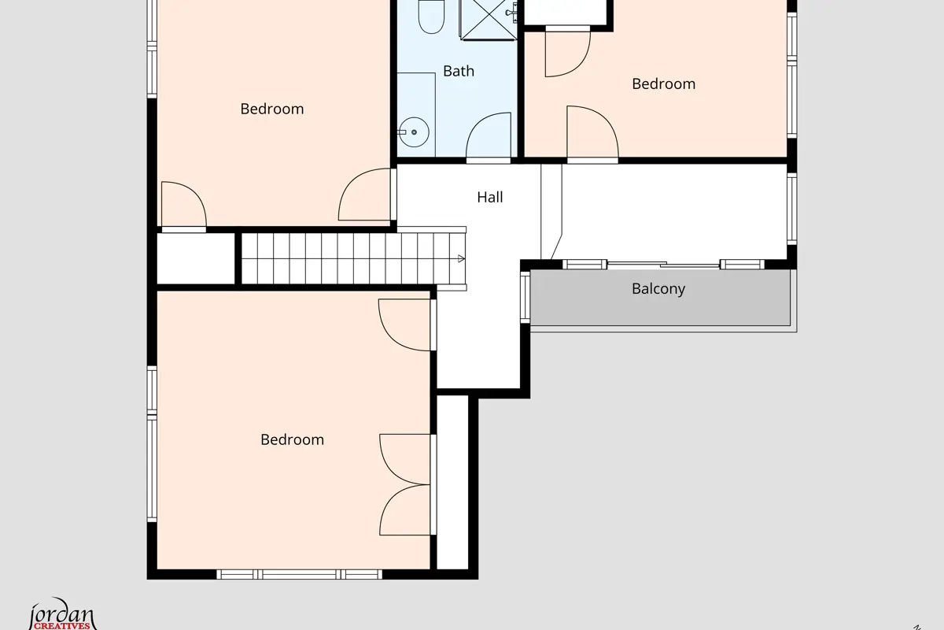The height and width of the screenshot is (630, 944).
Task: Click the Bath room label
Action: tap(459, 71)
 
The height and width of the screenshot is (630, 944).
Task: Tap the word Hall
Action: tap(489, 197)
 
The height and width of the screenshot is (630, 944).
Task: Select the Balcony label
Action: tap(658, 289)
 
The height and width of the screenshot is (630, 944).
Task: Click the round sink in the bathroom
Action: tap(414, 132)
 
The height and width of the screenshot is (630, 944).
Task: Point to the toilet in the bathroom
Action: tap(431, 16)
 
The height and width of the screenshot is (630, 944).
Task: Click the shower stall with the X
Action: tap(489, 20)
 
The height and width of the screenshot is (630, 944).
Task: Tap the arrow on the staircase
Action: tap(461, 258)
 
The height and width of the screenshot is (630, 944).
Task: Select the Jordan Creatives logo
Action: tap(62, 614)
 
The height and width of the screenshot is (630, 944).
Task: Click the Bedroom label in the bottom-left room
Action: tap(292, 439)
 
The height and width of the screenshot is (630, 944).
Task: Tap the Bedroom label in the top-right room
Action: tap(664, 84)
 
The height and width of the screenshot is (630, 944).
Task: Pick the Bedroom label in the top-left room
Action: tap(272, 109)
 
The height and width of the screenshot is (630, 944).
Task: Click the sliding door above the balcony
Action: tap(663, 265)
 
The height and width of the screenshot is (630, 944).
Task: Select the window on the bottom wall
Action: tap(299, 574)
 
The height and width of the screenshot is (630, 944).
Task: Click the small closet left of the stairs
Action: tap(196, 258)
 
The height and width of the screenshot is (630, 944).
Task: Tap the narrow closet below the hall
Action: tap(452, 482)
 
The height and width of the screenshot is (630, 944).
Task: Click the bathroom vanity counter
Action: tap(416, 115)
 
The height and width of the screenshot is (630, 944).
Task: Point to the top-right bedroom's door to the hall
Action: tap(592, 134)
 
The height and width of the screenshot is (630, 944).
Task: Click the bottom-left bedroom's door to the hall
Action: tap(405, 325)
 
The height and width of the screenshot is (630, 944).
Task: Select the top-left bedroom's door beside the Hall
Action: tap(366, 195)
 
